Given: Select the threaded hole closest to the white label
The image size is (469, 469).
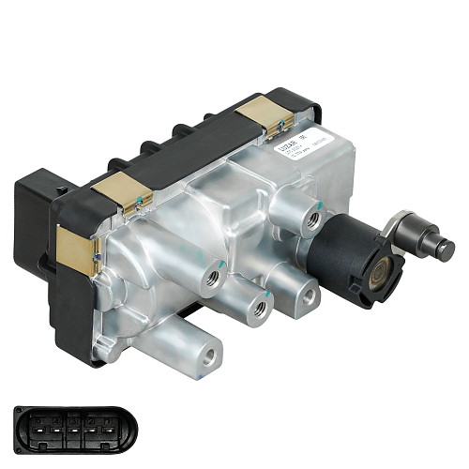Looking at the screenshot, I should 312,221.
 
